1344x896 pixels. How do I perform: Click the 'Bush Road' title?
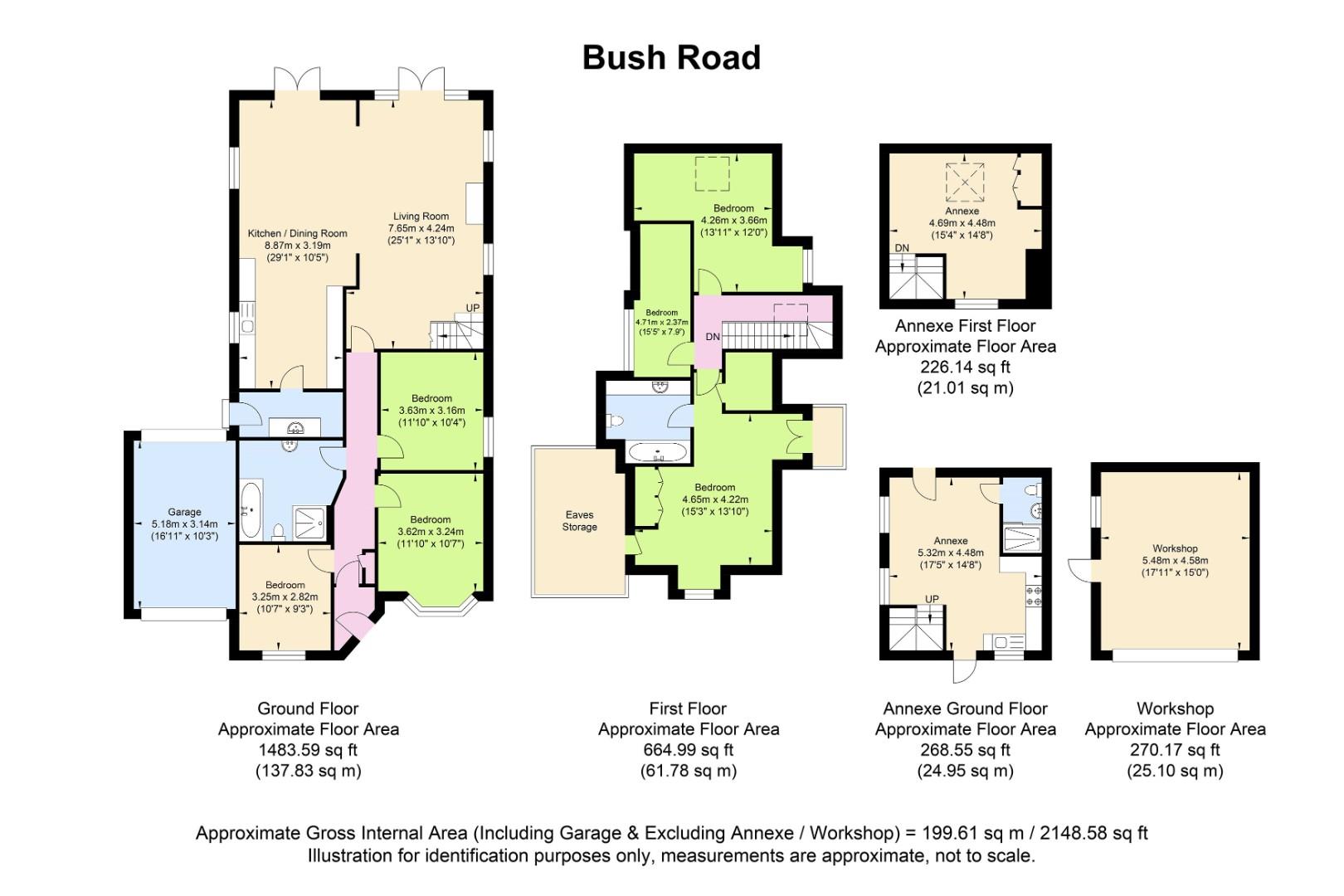click(x=671, y=58)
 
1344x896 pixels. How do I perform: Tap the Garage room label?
click(x=184, y=512)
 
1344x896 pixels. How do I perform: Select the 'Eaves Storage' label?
click(x=580, y=521)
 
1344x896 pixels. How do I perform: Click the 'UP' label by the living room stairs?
click(x=473, y=308)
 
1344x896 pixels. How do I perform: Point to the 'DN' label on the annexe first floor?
click(x=902, y=248)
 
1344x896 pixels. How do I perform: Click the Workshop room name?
click(x=1175, y=548)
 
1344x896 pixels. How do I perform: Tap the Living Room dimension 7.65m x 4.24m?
click(x=421, y=228)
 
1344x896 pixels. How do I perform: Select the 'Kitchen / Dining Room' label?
click(x=298, y=233)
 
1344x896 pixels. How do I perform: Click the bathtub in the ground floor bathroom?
click(x=251, y=509)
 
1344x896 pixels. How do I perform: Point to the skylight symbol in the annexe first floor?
click(x=965, y=183)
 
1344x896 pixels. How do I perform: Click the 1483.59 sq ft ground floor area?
click(x=308, y=750)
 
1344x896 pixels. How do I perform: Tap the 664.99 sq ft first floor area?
click(x=689, y=750)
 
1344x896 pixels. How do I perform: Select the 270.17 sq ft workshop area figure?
click(x=1175, y=750)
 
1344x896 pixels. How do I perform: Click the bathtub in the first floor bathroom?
click(x=658, y=452)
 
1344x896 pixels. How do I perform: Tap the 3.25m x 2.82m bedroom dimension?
click(x=285, y=597)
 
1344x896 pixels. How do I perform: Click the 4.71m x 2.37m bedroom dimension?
click(x=662, y=322)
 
